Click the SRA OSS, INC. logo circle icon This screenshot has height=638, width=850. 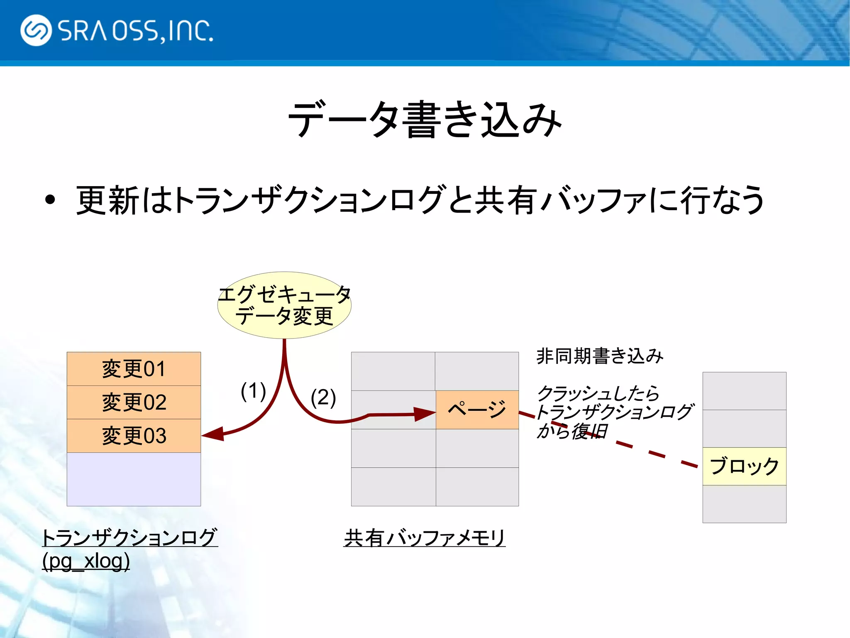pos(36,30)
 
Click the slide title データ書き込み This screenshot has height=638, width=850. pos(425,120)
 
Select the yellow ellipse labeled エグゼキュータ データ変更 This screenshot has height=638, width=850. pos(284,305)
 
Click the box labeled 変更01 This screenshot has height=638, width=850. pos(134,369)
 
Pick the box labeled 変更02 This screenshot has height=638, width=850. pos(134,402)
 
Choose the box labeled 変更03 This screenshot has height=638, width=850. pos(134,436)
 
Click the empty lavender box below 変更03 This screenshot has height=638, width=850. pos(134,479)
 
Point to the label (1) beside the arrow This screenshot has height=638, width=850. pos(253,391)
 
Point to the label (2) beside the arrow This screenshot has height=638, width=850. pos(323,397)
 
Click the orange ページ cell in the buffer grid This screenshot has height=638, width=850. pos(477,410)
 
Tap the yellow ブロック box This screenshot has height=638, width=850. pos(744,466)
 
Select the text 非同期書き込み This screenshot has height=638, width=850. pos(600,356)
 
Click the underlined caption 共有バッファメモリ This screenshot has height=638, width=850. pos(425,538)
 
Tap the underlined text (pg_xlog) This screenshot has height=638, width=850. pos(86,561)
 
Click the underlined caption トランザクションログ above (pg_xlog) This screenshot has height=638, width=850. pos(129,537)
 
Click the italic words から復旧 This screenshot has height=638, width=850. pos(572,431)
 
